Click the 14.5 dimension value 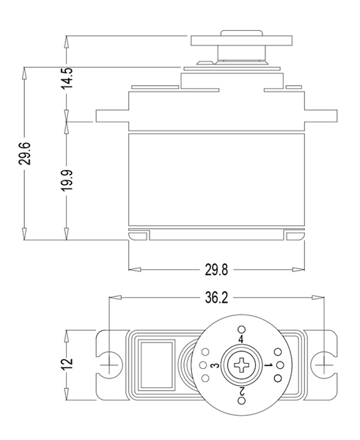coord(67,78)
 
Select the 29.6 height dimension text coord(25,153)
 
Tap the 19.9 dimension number coord(67,180)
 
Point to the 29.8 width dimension coord(216,270)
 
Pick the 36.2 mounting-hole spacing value coord(216,298)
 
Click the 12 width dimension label coord(67,364)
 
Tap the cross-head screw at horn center coord(241,364)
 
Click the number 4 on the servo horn coord(241,340)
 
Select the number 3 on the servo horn coord(216,365)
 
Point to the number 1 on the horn coord(268,365)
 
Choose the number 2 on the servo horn coord(241,391)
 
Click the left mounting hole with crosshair coord(109,364)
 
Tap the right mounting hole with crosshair coord(324,364)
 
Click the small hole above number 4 coord(241,329)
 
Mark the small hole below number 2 coord(241,400)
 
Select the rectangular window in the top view coord(157,364)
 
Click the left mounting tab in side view coord(112,116)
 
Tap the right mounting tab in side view coord(320,116)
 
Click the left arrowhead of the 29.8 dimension coord(135,270)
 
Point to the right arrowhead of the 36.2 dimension coord(317,298)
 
